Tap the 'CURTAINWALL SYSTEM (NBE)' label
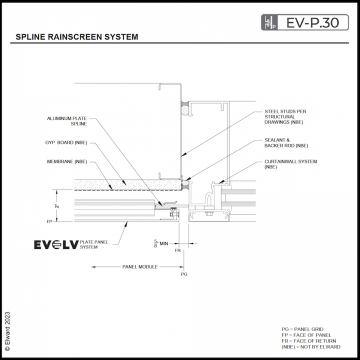(x=284, y=165)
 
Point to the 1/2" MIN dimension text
(x=160, y=242)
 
